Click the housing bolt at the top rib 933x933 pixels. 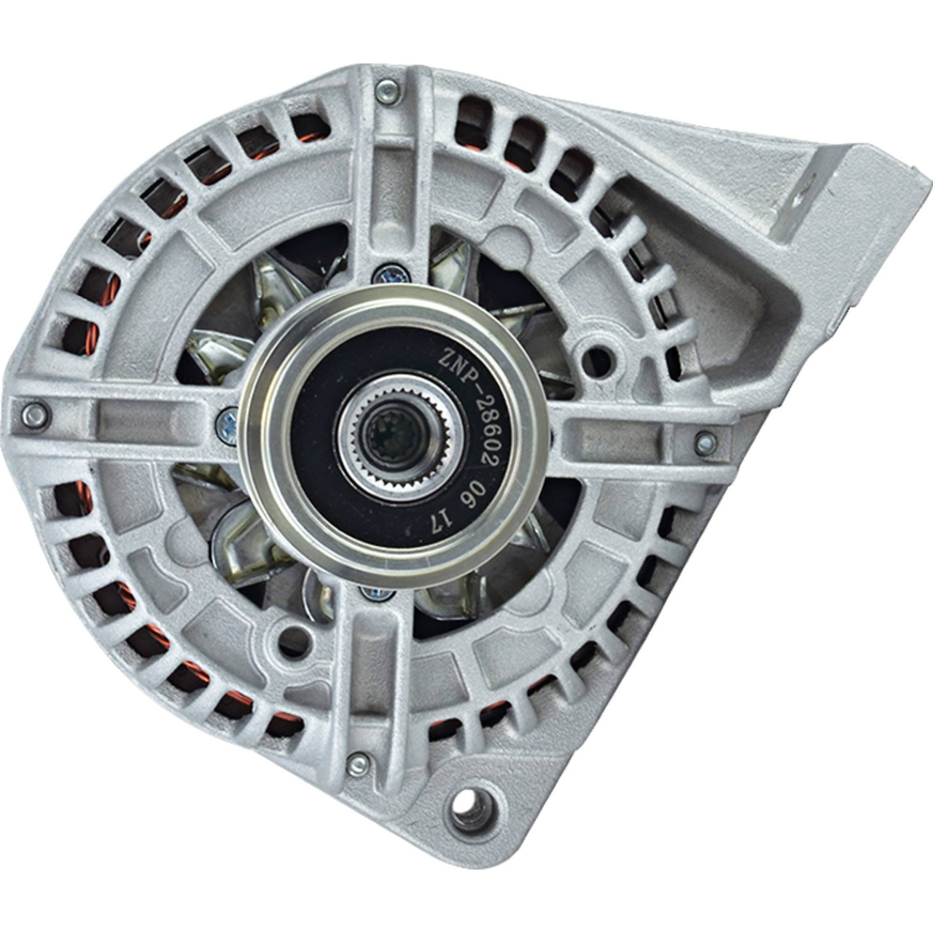tap(388, 91)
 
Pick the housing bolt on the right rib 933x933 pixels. tap(706, 442)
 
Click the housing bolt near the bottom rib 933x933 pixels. tap(359, 765)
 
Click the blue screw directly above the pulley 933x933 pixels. tap(391, 275)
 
